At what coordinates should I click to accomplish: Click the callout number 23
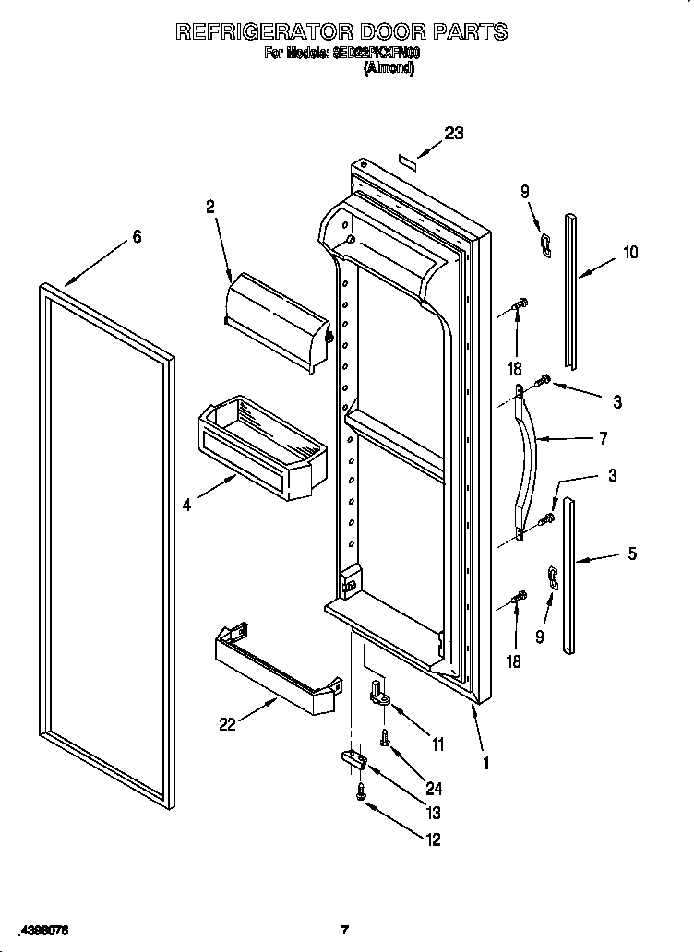(x=453, y=133)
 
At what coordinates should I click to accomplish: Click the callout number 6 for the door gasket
(x=137, y=237)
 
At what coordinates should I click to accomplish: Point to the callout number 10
(x=630, y=252)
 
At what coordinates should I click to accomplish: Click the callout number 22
(x=227, y=724)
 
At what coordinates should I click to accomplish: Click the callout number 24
(x=434, y=789)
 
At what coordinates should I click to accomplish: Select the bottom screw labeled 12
(x=361, y=791)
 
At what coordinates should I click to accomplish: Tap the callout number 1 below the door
(x=485, y=763)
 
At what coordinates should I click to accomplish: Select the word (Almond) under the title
(x=389, y=67)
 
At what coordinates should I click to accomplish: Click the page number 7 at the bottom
(x=344, y=930)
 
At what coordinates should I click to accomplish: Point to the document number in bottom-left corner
(x=42, y=929)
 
